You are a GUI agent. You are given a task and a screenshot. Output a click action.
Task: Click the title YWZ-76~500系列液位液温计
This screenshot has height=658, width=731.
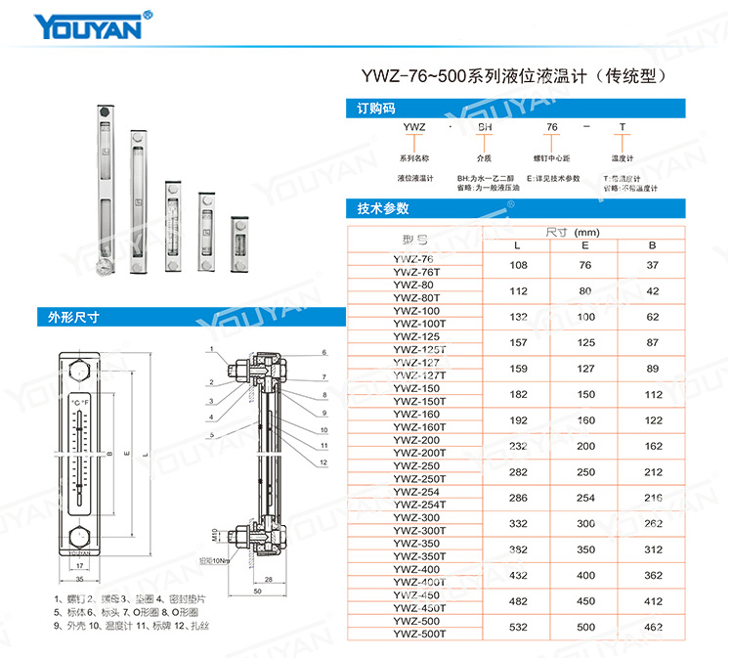coord(519,75)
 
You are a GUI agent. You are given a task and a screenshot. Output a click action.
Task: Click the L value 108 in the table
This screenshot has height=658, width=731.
coord(519,265)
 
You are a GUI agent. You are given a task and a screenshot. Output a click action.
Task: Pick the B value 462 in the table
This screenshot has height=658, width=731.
coord(653,626)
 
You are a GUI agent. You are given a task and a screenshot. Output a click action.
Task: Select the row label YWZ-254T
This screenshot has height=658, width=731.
coord(418,504)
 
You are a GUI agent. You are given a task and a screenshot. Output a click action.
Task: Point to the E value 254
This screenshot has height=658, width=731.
coord(585,498)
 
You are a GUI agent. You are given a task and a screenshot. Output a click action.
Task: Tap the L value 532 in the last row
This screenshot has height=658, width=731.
coord(519,626)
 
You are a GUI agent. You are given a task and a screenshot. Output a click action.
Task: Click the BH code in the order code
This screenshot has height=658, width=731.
coord(484,128)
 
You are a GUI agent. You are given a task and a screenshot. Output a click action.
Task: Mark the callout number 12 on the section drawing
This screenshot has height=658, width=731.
coord(323,462)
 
